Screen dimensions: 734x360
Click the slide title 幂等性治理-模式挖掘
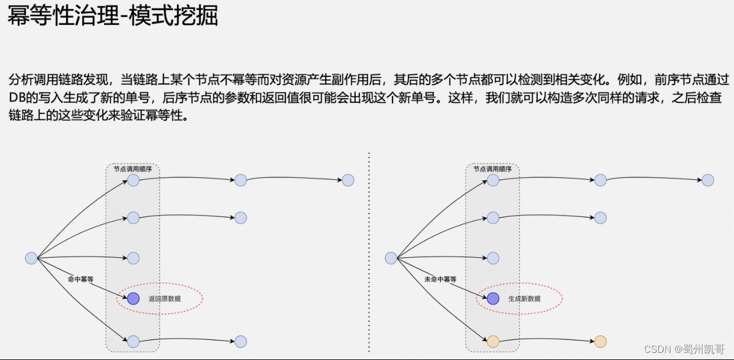[x=113, y=17]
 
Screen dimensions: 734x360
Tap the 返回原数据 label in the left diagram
[x=165, y=299]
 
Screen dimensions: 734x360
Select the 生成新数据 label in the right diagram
[x=524, y=299]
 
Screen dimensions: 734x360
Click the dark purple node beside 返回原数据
[x=133, y=299]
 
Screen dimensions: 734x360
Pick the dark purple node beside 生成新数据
[x=493, y=299]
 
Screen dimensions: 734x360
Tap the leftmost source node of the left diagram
[x=31, y=258]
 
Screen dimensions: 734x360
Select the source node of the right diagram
[x=391, y=258]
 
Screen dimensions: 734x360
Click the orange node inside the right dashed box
[x=493, y=341]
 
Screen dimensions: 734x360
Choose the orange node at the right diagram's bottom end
[x=600, y=341]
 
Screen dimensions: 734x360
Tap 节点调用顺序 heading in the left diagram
[x=133, y=169]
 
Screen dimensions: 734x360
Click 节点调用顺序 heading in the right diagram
[x=492, y=169]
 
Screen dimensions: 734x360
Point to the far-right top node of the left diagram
[x=347, y=180]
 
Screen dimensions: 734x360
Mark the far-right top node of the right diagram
[x=707, y=180]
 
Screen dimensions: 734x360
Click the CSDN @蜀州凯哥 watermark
[x=684, y=349]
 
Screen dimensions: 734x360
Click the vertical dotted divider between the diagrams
[x=369, y=254]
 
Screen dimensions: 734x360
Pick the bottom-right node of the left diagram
[x=240, y=341]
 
